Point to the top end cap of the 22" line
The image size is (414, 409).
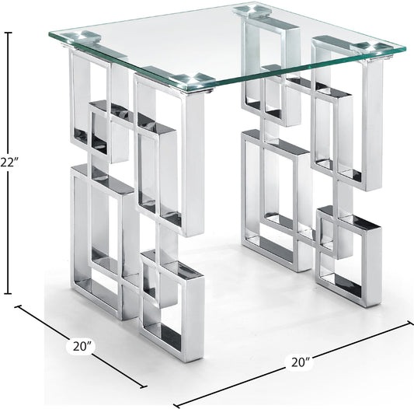9,32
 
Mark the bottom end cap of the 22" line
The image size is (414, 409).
9,293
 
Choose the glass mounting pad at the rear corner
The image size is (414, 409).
257,11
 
